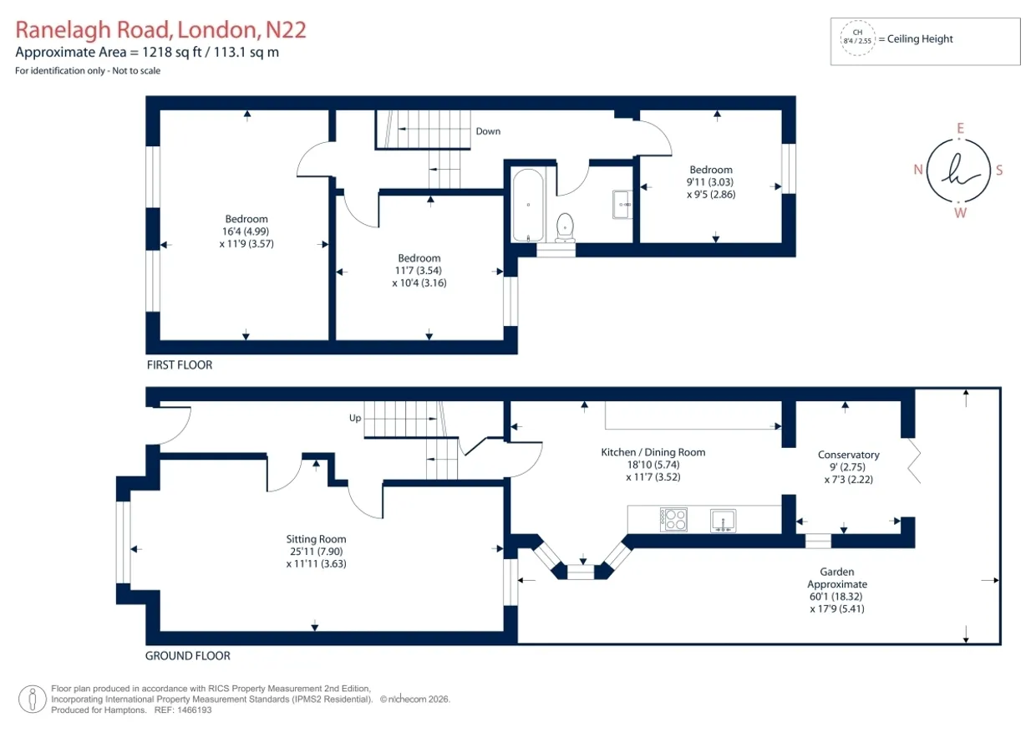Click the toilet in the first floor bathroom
pos(565,227)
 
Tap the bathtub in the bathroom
pos(528,206)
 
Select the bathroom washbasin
pos(622,204)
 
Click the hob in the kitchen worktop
pos(674,519)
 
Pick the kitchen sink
pos(724,521)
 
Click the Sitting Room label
pos(316,539)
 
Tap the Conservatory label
pos(849,455)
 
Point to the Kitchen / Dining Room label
pos(653,452)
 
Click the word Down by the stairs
pos(489,131)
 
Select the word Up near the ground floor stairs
pos(355,419)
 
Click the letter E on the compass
pos(961,128)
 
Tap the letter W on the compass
pos(961,213)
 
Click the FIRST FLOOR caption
pos(180,365)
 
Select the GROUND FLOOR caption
pos(188,656)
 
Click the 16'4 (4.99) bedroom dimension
pos(246,232)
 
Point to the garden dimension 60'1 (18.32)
pos(836,597)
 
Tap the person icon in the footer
pos(33,700)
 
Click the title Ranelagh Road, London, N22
pos(160,29)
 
